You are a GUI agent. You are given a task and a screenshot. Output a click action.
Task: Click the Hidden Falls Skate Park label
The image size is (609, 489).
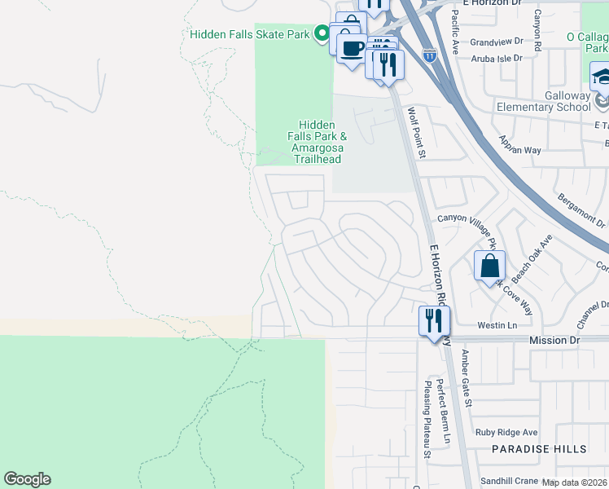pos(249,34)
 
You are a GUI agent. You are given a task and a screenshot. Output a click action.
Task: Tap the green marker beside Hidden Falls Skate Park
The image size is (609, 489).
pos(322,34)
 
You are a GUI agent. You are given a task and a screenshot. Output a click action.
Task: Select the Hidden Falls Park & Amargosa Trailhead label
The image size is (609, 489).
pos(318,136)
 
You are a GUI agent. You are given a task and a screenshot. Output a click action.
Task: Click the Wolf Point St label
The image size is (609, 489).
pos(417,132)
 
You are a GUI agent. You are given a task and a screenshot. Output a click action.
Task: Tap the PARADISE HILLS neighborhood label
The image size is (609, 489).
pos(539,449)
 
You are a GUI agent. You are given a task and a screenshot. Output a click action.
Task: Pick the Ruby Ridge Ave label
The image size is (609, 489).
pos(507,432)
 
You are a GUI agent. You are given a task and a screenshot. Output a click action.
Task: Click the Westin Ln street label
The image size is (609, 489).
pos(497,325)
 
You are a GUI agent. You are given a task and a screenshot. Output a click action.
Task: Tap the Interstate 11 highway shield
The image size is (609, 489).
pos(430,55)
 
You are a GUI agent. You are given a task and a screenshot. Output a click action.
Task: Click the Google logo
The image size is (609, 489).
pos(28,479)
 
